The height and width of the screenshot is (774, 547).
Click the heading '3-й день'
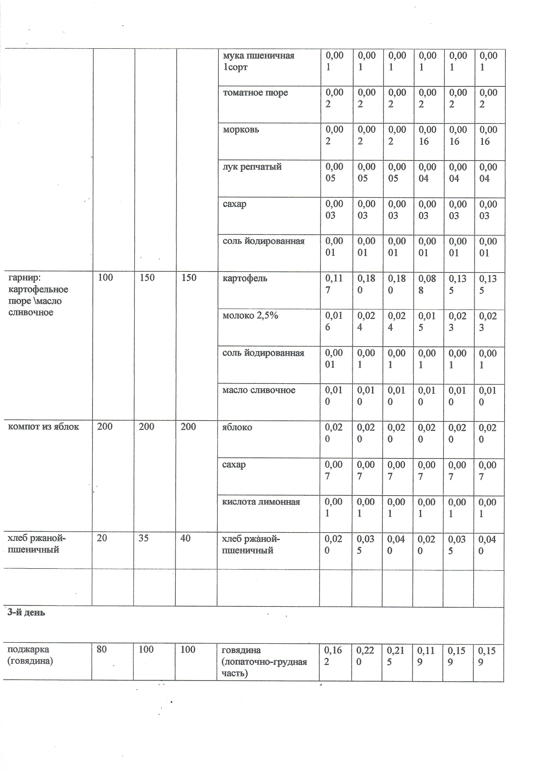click(x=26, y=612)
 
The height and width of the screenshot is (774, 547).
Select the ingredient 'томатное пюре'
click(x=255, y=93)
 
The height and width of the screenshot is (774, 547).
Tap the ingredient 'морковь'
click(x=241, y=130)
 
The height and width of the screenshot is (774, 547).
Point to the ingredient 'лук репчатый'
click(x=252, y=167)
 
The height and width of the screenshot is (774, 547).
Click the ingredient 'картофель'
click(x=245, y=279)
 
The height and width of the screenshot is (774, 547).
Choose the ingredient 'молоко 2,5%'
click(x=250, y=316)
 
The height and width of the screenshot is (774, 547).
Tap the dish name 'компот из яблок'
click(x=43, y=427)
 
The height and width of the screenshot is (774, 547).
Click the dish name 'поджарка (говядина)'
click(x=30, y=655)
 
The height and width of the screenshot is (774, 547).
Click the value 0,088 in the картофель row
click(x=427, y=284)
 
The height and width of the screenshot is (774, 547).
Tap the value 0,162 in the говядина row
click(x=332, y=656)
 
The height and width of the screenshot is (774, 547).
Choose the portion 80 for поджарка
click(x=102, y=650)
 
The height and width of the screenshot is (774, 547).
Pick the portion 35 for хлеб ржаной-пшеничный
click(x=144, y=538)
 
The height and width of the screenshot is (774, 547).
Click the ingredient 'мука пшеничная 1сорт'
click(x=258, y=61)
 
